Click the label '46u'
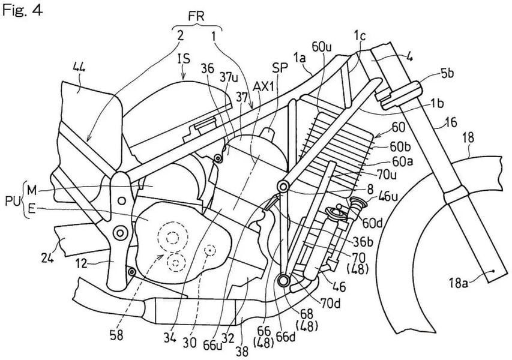point(379,194)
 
